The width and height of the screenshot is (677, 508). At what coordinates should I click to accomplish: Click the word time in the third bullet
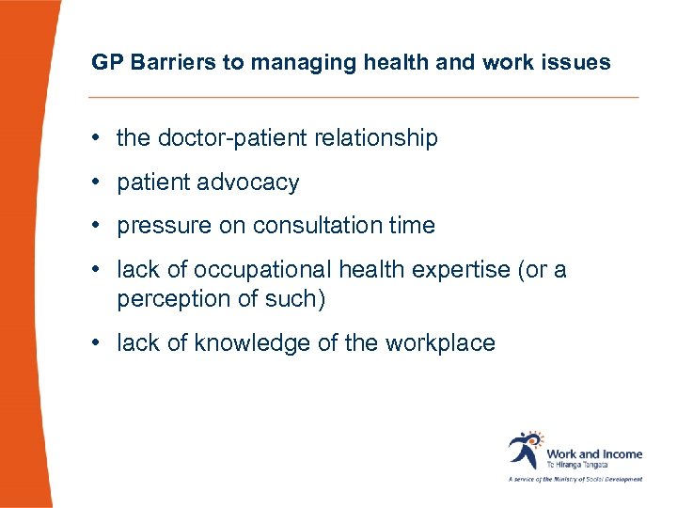pyautogui.click(x=413, y=226)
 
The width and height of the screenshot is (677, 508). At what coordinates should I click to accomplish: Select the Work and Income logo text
pyautogui.click(x=594, y=453)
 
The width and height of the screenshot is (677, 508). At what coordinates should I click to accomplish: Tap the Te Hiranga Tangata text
pyautogui.click(x=577, y=465)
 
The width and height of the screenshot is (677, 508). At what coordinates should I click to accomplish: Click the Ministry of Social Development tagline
pyautogui.click(x=575, y=479)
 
